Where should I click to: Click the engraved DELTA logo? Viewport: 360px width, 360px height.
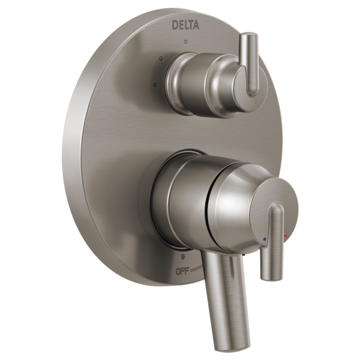(x=185, y=25)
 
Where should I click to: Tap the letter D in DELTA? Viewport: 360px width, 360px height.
(x=175, y=25)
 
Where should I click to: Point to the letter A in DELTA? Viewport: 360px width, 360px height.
(x=196, y=25)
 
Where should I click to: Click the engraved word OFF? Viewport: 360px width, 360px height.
(x=182, y=272)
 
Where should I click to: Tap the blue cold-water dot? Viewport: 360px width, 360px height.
(x=265, y=239)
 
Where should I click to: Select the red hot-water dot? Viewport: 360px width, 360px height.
(x=286, y=236)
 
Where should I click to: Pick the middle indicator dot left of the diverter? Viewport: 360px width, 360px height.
(x=161, y=58)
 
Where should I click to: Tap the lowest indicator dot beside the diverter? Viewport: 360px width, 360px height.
(x=155, y=85)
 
